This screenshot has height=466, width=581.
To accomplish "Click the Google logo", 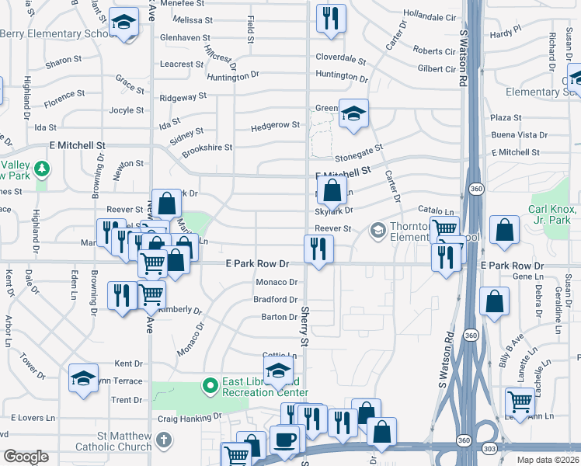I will [26, 457].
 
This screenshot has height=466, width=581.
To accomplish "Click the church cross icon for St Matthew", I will [163, 440].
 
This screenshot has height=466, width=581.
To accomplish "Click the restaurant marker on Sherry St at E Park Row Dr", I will [318, 249].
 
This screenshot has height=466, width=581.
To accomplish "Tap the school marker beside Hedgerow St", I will [353, 114].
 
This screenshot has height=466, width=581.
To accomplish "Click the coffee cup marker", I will [284, 440].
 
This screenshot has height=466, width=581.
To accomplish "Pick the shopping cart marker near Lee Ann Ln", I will [520, 402].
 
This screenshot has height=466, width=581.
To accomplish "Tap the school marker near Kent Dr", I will [83, 378].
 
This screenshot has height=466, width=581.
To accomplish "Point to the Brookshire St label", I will [207, 147].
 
